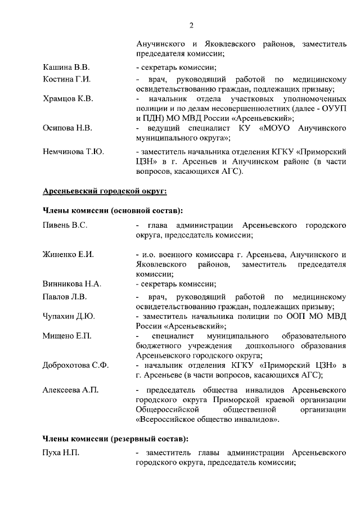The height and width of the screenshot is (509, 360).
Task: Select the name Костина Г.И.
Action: tap(67, 79)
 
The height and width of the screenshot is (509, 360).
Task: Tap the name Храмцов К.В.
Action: tap(68, 99)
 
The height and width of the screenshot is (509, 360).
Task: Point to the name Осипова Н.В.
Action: tap(67, 128)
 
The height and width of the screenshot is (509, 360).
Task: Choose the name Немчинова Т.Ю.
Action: tap(74, 151)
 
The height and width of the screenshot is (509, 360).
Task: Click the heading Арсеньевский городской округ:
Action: tap(105, 191)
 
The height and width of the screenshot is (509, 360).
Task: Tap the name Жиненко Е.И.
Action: tap(68, 254)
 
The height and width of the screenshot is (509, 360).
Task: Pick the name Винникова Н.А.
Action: tap(72, 284)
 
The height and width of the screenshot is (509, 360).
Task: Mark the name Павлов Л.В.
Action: tap(65, 297)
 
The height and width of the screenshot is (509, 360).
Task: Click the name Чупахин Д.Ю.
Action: tap(69, 317)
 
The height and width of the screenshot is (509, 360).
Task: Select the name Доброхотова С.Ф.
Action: tap(76, 366)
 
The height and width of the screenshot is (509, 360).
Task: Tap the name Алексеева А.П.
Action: tap(70, 390)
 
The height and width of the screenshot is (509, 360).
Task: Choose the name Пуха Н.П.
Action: tap(61, 453)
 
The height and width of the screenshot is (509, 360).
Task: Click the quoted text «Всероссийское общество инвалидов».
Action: tap(208, 419)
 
